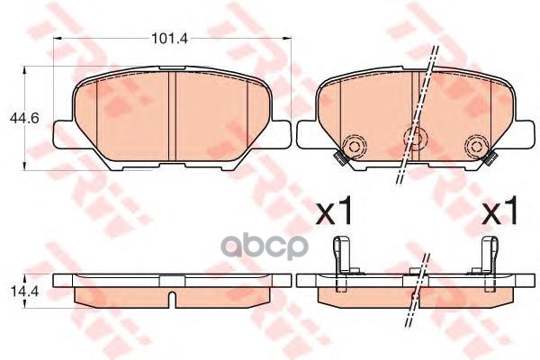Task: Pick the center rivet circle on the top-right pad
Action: tap(414, 138)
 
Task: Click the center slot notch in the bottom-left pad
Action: tap(171, 292)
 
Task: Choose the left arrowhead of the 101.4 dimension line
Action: tap(57, 40)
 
